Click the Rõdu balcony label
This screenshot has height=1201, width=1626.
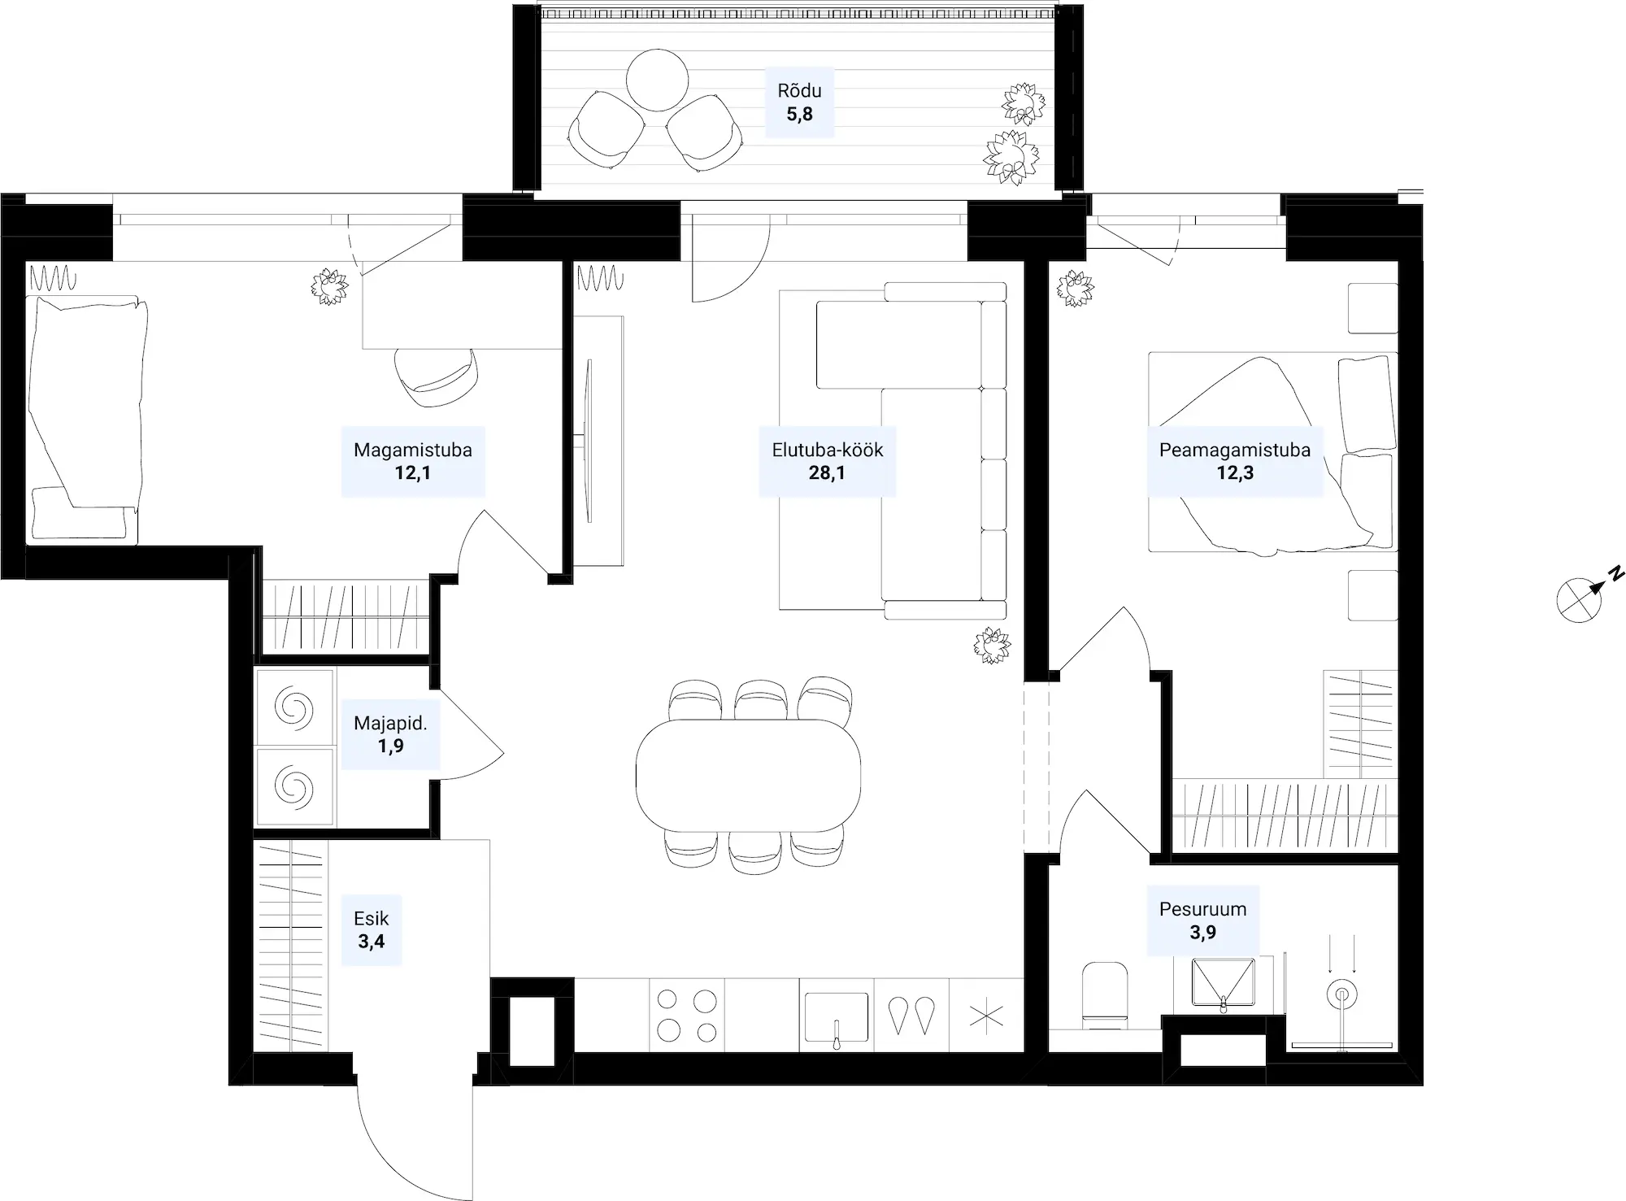[799, 91]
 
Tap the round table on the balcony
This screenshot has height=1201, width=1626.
[657, 80]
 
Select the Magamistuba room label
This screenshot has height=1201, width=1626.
[413, 450]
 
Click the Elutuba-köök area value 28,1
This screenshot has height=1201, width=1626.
[827, 472]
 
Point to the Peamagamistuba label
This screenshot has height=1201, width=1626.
[1235, 450]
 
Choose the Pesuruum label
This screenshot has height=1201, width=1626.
[1202, 909]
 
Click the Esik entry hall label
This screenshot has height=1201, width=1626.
[372, 919]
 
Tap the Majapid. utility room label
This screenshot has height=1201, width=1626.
[390, 723]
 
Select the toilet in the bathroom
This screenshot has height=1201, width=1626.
[1106, 994]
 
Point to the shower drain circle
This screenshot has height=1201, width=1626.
[1341, 994]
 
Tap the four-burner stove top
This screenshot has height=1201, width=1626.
[687, 1016]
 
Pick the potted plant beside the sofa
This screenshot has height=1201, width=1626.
[992, 646]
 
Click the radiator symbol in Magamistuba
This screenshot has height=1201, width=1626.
[53, 281]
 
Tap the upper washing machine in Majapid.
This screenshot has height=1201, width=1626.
[294, 707]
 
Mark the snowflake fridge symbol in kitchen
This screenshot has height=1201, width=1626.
[986, 1016]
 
